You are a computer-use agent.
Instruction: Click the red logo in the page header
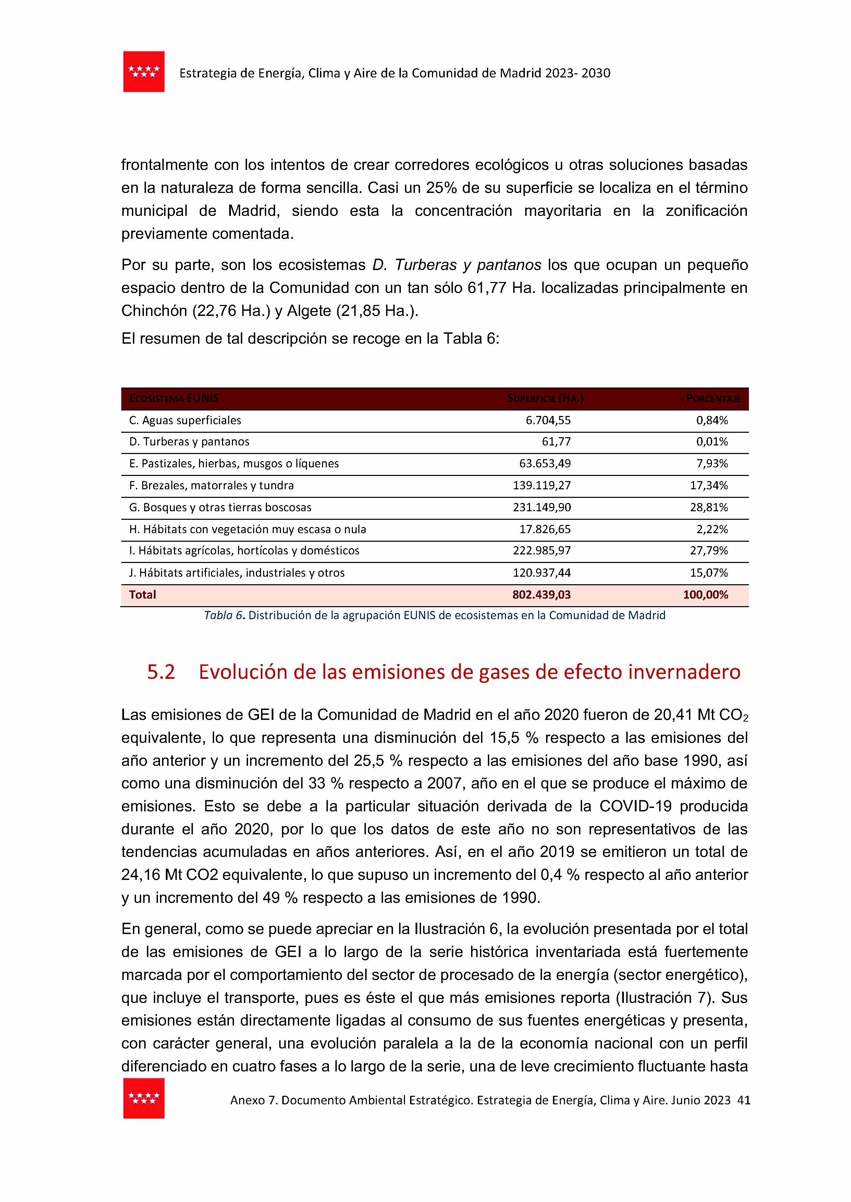(x=144, y=72)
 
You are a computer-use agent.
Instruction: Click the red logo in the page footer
(x=144, y=1098)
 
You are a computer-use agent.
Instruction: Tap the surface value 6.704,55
(x=548, y=420)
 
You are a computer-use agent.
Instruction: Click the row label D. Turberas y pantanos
(x=189, y=442)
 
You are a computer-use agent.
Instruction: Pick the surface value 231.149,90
(x=542, y=507)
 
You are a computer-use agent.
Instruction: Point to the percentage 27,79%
(x=708, y=551)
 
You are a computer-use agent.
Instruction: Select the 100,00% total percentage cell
(x=705, y=595)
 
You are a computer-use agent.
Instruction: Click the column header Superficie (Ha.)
(x=545, y=398)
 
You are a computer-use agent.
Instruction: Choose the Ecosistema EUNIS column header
(x=174, y=398)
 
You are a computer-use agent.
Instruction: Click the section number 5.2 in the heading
(x=161, y=672)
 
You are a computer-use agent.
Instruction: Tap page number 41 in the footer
(x=743, y=1100)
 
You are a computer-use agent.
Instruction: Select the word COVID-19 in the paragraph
(x=635, y=806)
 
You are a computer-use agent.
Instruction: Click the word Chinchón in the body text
(x=154, y=311)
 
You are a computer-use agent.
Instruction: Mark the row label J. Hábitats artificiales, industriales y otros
(x=237, y=573)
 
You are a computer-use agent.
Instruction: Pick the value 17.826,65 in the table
(x=545, y=529)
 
